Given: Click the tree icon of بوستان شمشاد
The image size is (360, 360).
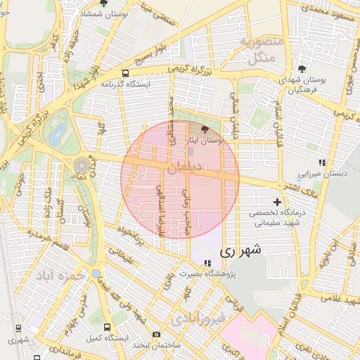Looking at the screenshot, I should [x=104, y=3].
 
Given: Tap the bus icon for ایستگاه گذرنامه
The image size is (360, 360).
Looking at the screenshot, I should [x=125, y=72].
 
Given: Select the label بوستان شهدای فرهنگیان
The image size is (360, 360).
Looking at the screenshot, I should [x=302, y=86].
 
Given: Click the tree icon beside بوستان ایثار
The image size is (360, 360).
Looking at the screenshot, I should [x=205, y=129].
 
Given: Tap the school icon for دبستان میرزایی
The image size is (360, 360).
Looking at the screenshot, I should [x=322, y=162].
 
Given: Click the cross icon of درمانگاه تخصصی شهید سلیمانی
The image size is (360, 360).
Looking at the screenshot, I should [x=278, y=202].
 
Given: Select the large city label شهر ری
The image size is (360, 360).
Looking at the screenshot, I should [x=240, y=250].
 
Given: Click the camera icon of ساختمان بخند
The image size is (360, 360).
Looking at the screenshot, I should [x=156, y=334].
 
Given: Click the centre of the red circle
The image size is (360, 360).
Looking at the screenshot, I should [x=180, y=179].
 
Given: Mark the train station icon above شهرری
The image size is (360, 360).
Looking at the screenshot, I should [x=19, y=328].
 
